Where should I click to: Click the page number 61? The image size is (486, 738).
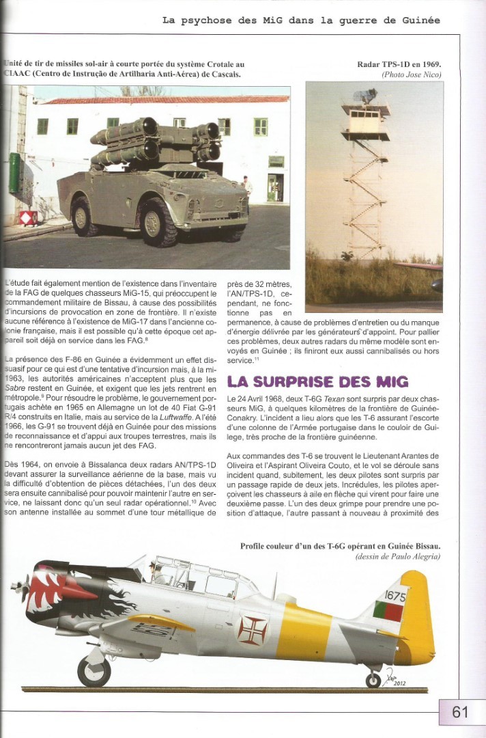[x=460, y=712]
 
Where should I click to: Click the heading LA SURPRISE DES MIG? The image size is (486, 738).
[x=317, y=381]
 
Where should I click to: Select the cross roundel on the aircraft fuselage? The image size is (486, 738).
[x=252, y=630]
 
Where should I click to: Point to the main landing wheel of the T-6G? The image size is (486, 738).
[x=94, y=671]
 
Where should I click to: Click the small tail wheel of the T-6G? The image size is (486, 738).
[x=373, y=680]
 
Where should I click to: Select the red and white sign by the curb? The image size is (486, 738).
[x=28, y=218]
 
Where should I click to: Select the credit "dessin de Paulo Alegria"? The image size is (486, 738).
[x=397, y=558]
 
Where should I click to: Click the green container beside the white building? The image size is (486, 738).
[x=14, y=173]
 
